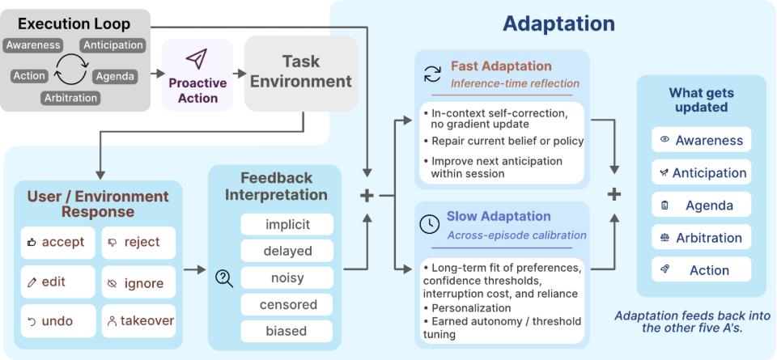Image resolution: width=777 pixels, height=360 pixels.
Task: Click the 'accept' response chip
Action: pos(57,243)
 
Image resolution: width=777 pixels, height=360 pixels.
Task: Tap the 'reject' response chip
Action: pos(138,243)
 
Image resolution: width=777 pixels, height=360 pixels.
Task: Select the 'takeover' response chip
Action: pos(138,321)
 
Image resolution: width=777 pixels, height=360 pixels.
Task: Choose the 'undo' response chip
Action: pos(57,321)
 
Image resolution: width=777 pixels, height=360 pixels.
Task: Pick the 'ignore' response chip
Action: pos(138,282)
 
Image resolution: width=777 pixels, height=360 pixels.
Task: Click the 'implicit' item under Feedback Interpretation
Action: pos(287,225)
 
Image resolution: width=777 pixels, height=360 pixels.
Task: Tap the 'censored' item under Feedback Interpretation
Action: pos(287,304)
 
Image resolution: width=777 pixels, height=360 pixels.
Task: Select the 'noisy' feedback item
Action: pos(287,277)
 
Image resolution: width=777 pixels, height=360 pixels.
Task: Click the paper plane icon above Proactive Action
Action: pos(197,59)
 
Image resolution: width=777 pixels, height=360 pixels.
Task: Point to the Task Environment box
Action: pos(301,73)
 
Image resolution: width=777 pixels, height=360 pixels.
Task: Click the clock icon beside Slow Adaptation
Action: pos(429,224)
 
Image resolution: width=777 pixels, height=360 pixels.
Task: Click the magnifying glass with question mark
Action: pos(224,280)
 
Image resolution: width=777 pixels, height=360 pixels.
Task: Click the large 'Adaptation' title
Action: pos(559,23)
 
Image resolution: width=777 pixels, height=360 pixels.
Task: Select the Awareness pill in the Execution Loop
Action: pos(33,45)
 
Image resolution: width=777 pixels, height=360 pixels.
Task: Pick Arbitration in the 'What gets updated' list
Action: pos(701,238)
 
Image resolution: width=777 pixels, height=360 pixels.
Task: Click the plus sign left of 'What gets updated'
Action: pos(614,194)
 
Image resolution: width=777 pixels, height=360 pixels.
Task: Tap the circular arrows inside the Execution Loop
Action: pos(71,70)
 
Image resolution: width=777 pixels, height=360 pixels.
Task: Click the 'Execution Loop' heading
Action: pos(74,23)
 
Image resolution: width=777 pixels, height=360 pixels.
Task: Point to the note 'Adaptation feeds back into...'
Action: pos(692,322)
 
